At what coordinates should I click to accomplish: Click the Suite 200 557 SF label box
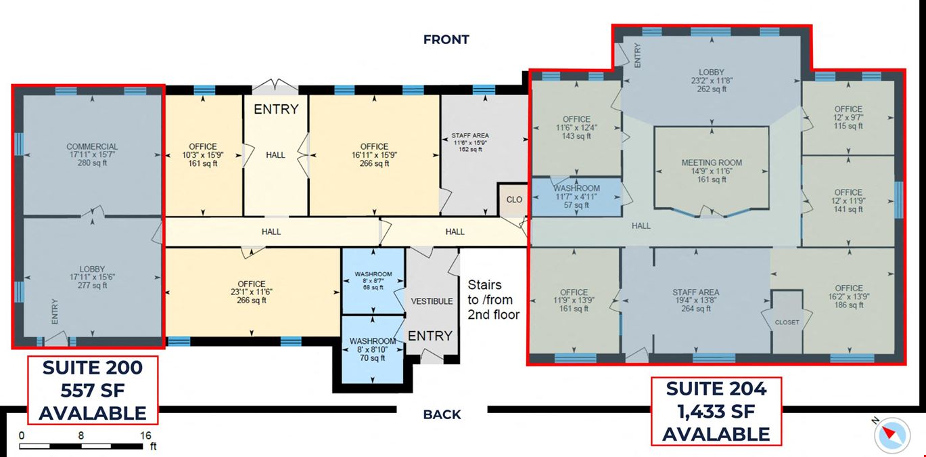[x=92, y=390]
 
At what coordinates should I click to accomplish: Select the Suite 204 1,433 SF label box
[x=716, y=411]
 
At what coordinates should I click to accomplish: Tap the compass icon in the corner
[x=892, y=433]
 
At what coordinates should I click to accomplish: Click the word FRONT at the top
[x=446, y=39]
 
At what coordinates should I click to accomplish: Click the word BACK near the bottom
[x=442, y=414]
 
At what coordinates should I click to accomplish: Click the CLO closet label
[x=514, y=200]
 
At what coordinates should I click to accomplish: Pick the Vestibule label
[x=432, y=301]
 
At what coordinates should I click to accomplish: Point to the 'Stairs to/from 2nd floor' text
[x=493, y=300]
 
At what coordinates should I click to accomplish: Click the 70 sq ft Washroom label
[x=373, y=349]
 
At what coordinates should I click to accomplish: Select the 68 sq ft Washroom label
[x=373, y=280]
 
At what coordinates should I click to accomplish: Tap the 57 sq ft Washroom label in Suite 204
[x=576, y=196]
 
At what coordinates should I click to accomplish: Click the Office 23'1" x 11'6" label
[x=251, y=292]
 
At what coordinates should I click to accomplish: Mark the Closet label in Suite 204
[x=787, y=322]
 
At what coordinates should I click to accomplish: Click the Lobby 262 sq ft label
[x=711, y=81]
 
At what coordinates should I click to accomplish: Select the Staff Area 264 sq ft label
[x=695, y=300]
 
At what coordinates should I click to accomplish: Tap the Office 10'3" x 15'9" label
[x=203, y=154]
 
